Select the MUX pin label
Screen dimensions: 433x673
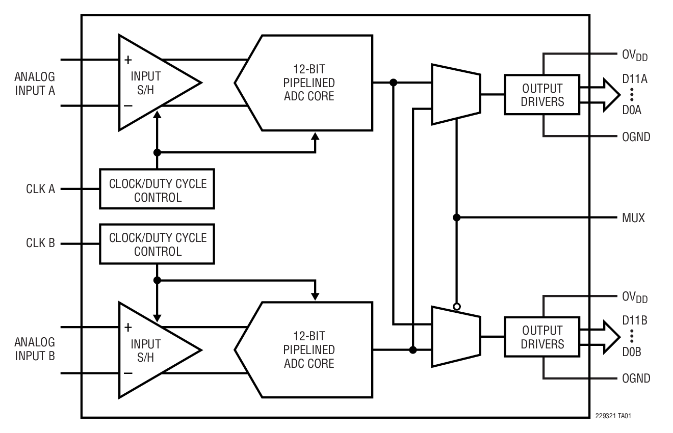(633, 218)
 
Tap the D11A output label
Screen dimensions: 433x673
(635, 79)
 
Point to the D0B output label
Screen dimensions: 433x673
(632, 352)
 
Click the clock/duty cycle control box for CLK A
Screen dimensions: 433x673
(157, 189)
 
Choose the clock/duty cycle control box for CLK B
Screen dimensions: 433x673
(157, 244)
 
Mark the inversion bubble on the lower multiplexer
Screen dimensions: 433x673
(457, 307)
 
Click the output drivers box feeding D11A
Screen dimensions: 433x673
(542, 95)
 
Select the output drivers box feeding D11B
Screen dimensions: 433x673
(542, 337)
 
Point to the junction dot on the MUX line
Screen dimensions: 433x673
(457, 218)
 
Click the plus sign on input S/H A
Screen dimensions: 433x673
(128, 60)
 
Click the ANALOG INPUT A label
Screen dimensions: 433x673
(35, 84)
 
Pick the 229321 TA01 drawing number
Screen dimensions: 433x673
(613, 416)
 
